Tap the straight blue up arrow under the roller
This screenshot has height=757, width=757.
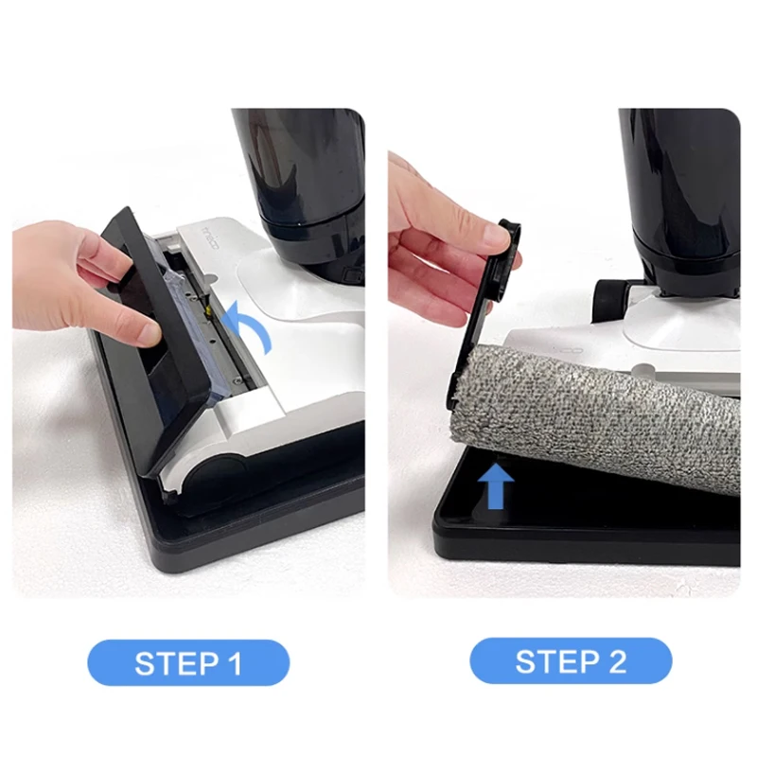(x=496, y=485)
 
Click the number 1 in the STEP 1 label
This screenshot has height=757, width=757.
(x=233, y=662)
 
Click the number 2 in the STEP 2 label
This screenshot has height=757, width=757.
(x=616, y=661)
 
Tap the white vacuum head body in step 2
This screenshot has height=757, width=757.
(x=662, y=326)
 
